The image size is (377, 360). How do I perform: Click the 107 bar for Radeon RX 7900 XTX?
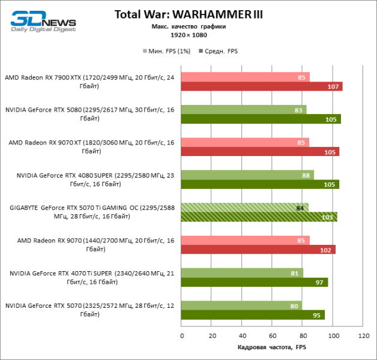tap(261, 86)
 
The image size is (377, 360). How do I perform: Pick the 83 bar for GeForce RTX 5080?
tap(244, 109)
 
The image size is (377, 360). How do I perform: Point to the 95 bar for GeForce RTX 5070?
tap(253, 315)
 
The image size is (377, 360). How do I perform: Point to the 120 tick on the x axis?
tap(363, 336)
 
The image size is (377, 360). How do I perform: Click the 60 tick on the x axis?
tap(272, 336)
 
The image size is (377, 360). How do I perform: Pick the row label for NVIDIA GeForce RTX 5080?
tap(90, 113)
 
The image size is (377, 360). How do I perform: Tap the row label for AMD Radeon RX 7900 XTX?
tap(90, 81)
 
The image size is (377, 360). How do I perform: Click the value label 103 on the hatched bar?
tap(328, 217)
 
